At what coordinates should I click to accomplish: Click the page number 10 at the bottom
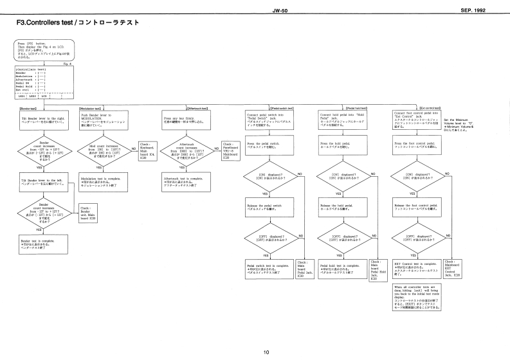pos(266,352)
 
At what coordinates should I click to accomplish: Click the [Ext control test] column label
pos(430,109)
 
